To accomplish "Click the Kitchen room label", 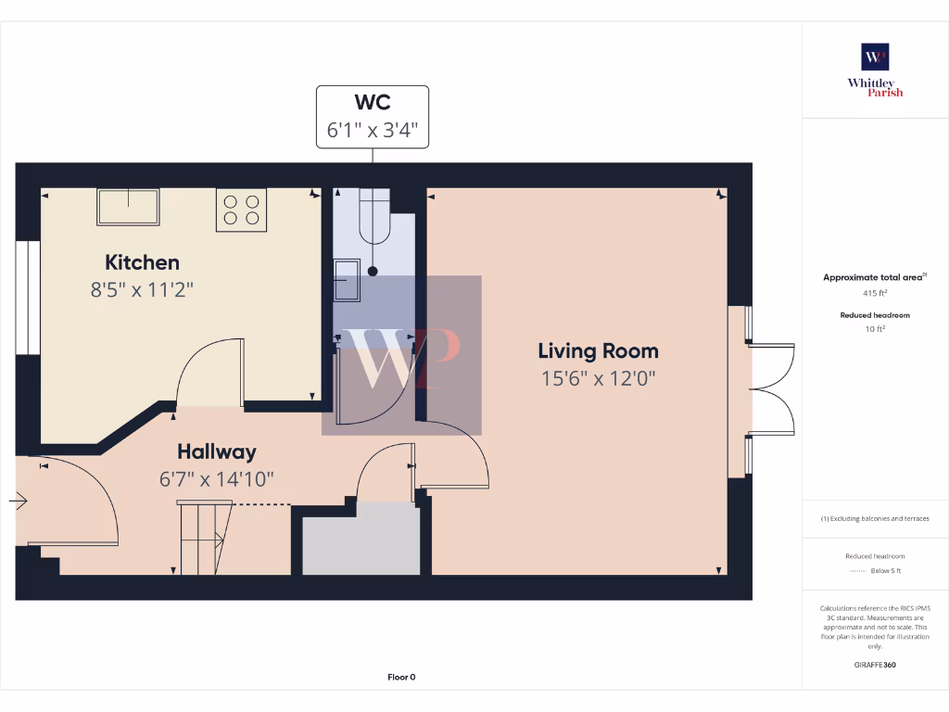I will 142,262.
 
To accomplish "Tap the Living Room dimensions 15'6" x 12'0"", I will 599,378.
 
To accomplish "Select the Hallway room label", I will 217,451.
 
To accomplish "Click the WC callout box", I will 373,115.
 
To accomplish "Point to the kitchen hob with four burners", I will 242,210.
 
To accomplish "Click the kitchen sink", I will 128,206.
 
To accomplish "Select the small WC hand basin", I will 348,280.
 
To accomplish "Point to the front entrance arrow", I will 19,501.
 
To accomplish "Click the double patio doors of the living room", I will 771,389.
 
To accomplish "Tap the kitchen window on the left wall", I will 22,298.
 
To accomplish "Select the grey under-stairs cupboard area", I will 361,540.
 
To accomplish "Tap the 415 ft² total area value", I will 875,293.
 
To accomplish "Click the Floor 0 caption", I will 401,677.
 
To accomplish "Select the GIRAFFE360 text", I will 875,665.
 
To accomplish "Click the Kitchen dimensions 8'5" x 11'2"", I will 142,289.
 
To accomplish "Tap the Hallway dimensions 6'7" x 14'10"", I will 217,479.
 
